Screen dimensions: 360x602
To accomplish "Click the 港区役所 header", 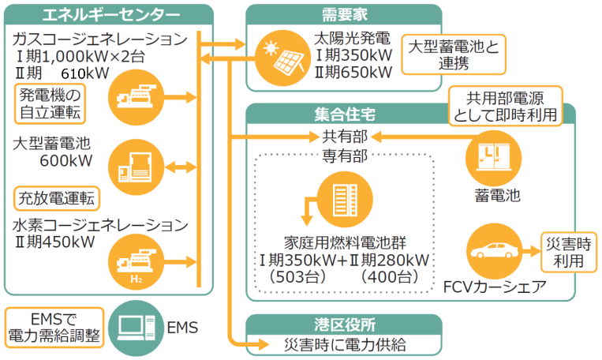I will point(342,324).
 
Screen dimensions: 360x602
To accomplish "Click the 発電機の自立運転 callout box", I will point(50,106).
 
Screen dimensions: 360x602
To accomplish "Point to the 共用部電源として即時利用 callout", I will point(506,106).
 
